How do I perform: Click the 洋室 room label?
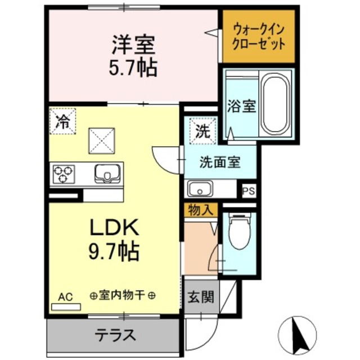[x=133, y=43]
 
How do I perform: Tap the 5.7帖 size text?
[x=133, y=67]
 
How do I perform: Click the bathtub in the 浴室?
[x=275, y=105]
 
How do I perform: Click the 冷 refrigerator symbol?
[x=62, y=121]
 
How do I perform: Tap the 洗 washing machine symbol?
[x=201, y=131]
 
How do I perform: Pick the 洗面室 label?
[x=220, y=163]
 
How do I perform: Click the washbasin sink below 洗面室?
[x=199, y=188]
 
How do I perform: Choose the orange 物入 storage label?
[x=200, y=210]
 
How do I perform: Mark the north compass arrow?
[x=296, y=335]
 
